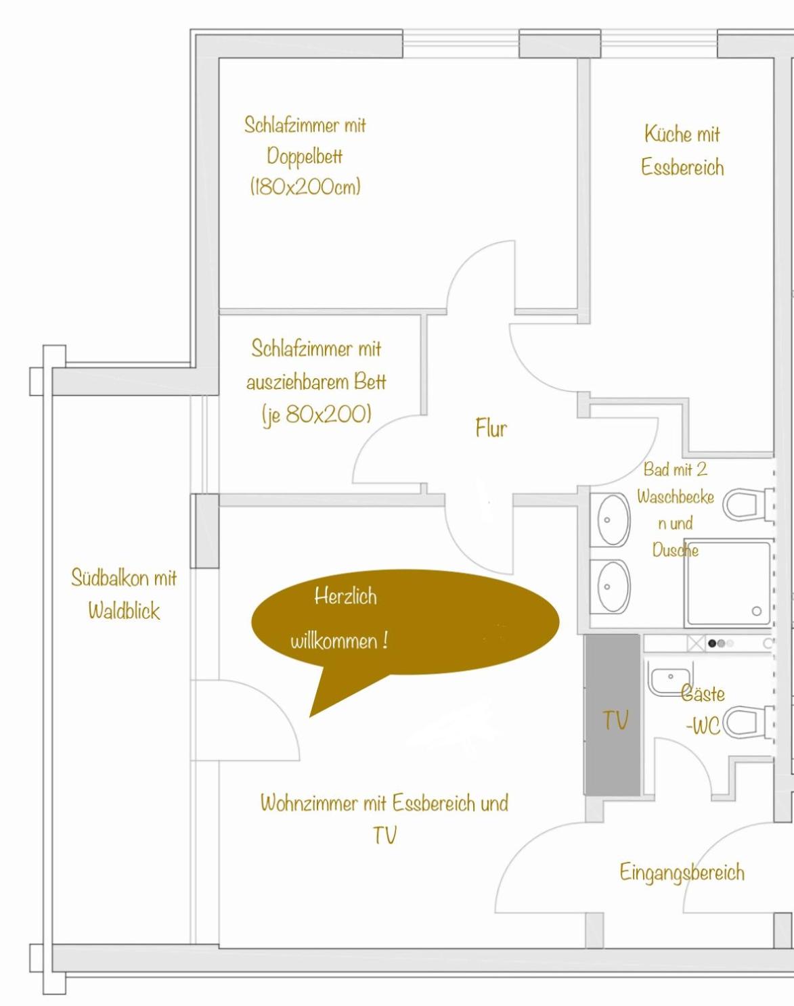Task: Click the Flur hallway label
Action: [x=491, y=428]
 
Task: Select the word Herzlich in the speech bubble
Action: [x=345, y=597]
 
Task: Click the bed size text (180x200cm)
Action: [x=305, y=187]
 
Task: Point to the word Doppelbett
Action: [x=305, y=156]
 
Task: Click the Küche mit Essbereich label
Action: [x=682, y=150]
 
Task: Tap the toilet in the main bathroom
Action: [x=748, y=505]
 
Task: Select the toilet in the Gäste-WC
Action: [x=748, y=723]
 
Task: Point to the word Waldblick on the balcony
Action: [x=124, y=610]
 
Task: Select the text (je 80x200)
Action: [x=317, y=415]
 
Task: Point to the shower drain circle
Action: [x=756, y=610]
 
